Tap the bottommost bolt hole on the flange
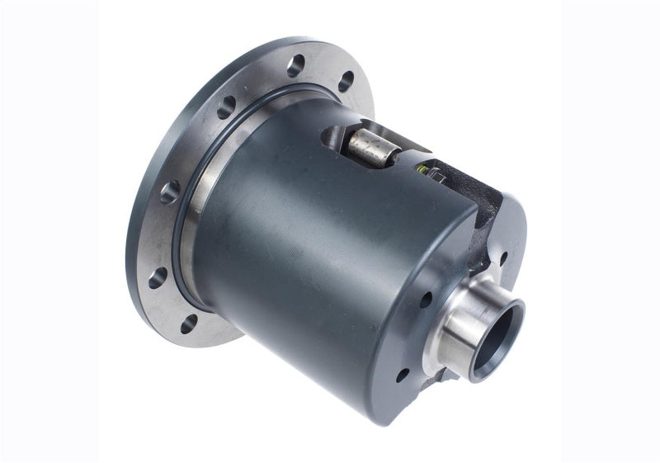tap(190, 323)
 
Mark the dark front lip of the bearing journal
tap(516, 310)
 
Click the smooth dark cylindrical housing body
tap(313, 248)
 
